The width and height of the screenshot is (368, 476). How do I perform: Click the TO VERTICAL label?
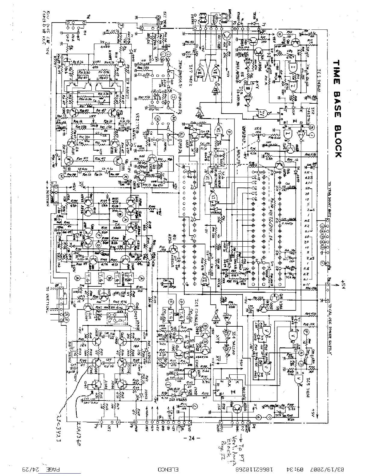tap(48, 301)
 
